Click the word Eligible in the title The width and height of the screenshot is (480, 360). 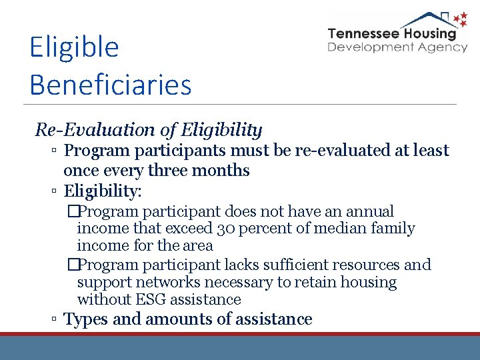(x=74, y=48)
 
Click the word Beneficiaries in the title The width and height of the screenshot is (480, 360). (x=111, y=85)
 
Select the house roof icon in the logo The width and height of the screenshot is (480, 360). (x=427, y=18)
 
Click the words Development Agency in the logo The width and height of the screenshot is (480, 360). (x=397, y=47)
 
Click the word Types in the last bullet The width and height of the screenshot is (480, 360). (x=86, y=319)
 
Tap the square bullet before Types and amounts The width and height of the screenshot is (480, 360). (x=53, y=320)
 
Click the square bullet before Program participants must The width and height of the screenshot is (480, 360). (x=53, y=151)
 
